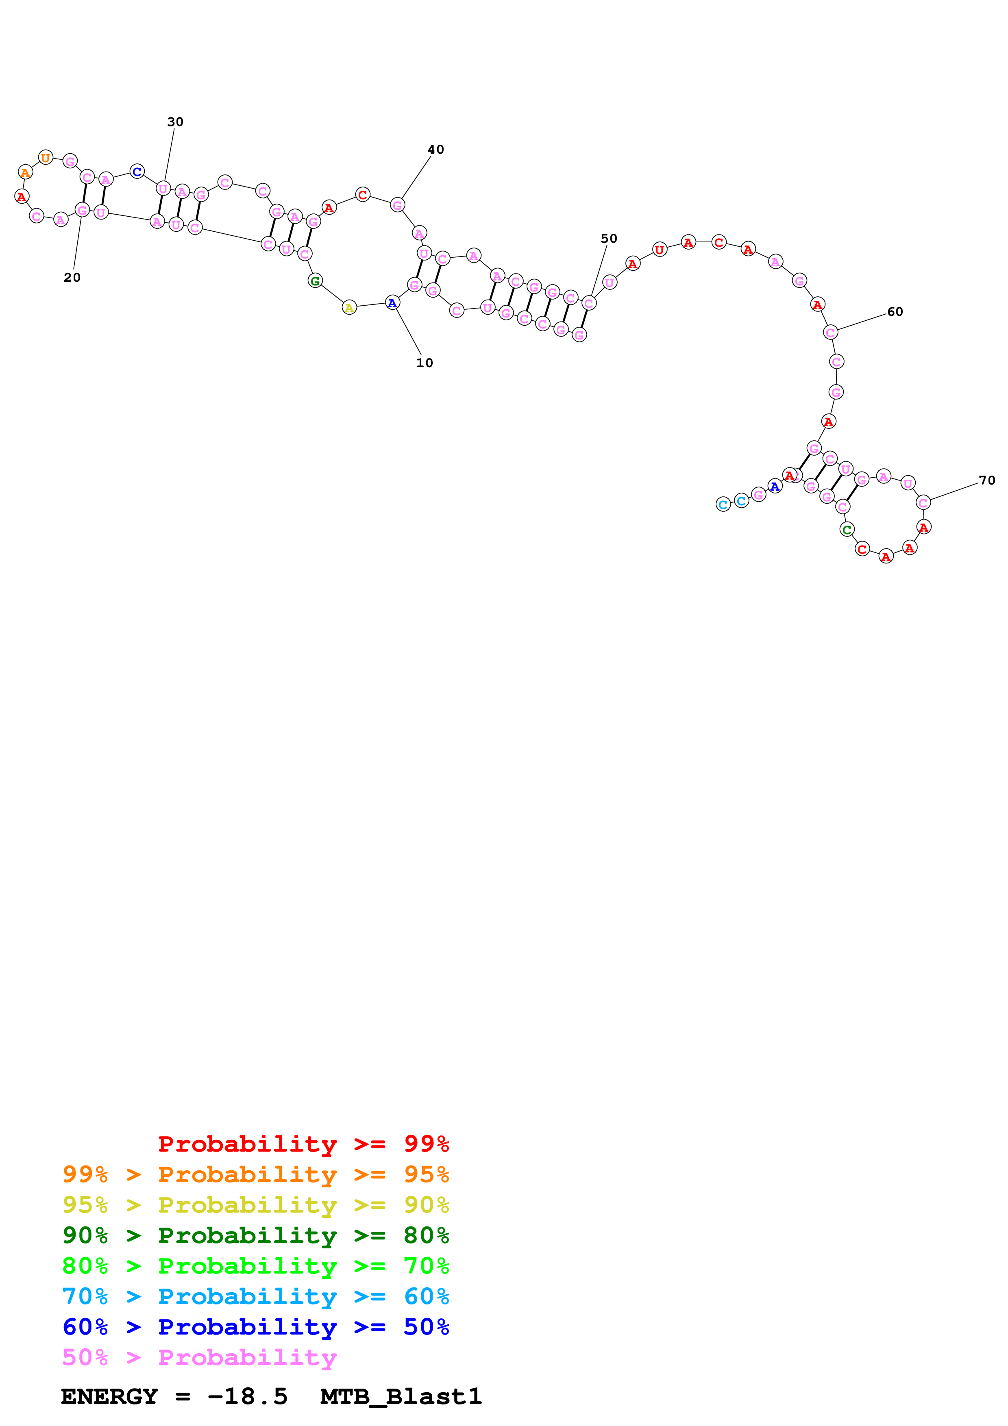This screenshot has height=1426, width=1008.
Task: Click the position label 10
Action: click(424, 363)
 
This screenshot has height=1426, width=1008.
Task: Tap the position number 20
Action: click(72, 278)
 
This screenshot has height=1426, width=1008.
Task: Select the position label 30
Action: click(175, 122)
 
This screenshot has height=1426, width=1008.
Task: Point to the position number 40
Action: click(435, 150)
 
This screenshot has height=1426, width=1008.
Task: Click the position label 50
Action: click(609, 239)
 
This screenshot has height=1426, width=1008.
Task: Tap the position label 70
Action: click(986, 480)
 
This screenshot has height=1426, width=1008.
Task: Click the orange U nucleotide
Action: click(46, 158)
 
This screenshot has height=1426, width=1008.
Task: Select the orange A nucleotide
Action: click(25, 172)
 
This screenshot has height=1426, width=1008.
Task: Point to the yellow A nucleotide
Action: click(350, 307)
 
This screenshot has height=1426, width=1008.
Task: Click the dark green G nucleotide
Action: click(315, 281)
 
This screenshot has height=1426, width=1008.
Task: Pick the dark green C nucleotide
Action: click(847, 530)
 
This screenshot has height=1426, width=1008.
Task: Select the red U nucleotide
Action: click(660, 250)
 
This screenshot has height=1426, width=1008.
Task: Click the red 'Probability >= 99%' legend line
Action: click(303, 1143)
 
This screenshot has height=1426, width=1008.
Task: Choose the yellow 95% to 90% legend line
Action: click(255, 1205)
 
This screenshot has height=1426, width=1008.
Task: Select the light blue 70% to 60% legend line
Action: click(255, 1296)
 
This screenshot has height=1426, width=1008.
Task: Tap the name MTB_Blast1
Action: click(401, 1397)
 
